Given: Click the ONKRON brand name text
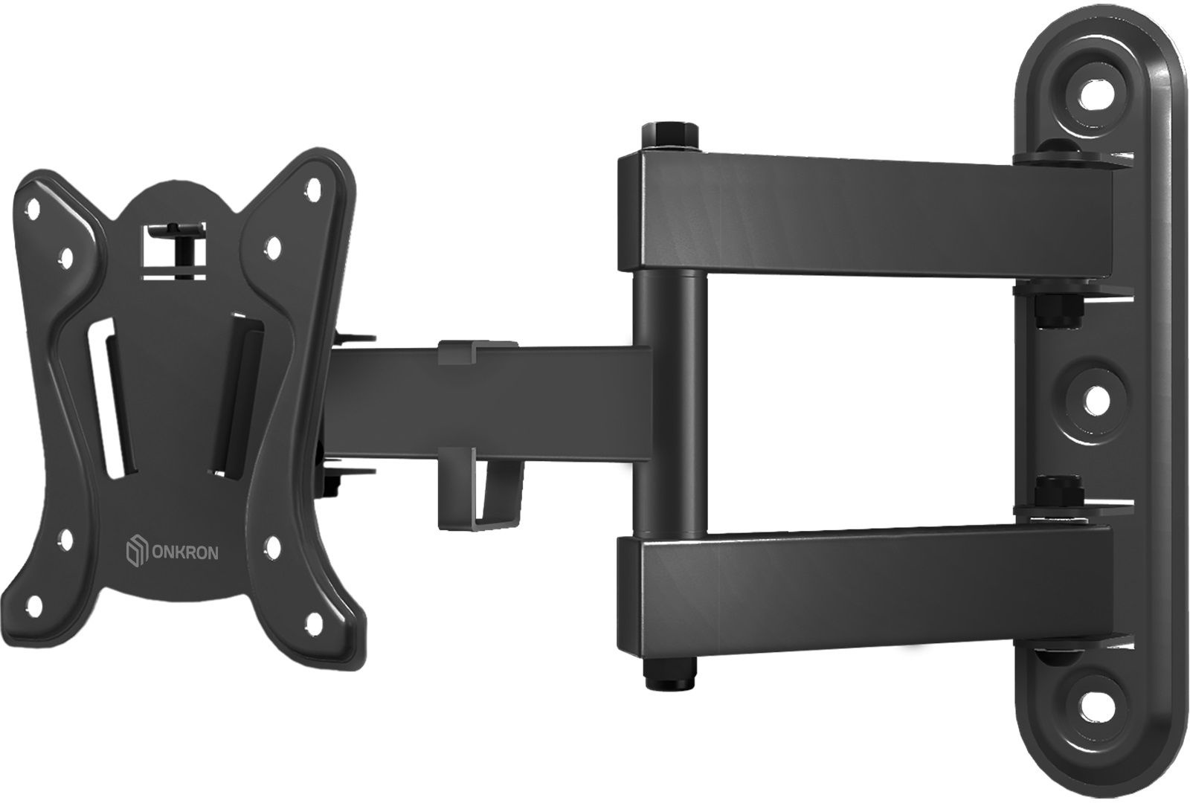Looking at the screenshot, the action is click(x=185, y=553).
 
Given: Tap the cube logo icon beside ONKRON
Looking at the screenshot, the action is click(x=136, y=553).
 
